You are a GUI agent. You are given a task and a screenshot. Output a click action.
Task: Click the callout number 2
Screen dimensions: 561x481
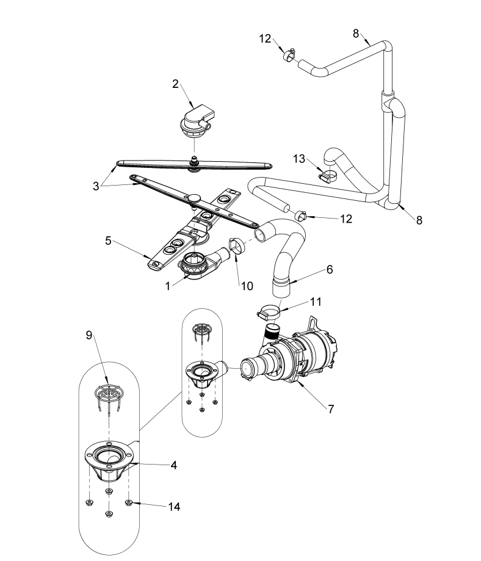click(x=176, y=84)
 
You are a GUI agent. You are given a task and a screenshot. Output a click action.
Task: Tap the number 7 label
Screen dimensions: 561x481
click(x=330, y=409)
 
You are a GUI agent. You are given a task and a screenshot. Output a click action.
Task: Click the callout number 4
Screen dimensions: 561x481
click(x=173, y=465)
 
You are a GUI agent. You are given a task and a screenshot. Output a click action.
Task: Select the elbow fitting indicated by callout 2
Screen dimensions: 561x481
click(x=193, y=120)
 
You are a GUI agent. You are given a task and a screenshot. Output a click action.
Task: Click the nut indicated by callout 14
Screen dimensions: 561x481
click(x=129, y=502)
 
